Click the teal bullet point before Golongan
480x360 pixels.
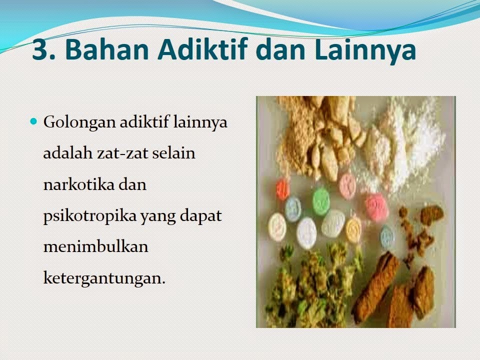tap(34, 121)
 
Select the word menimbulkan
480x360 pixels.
tap(95, 246)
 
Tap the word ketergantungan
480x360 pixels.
tap(104, 277)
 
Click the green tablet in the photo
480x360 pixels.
tap(321, 200)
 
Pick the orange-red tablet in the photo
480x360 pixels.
tap(282, 189)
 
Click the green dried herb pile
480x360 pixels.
tap(310, 285)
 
